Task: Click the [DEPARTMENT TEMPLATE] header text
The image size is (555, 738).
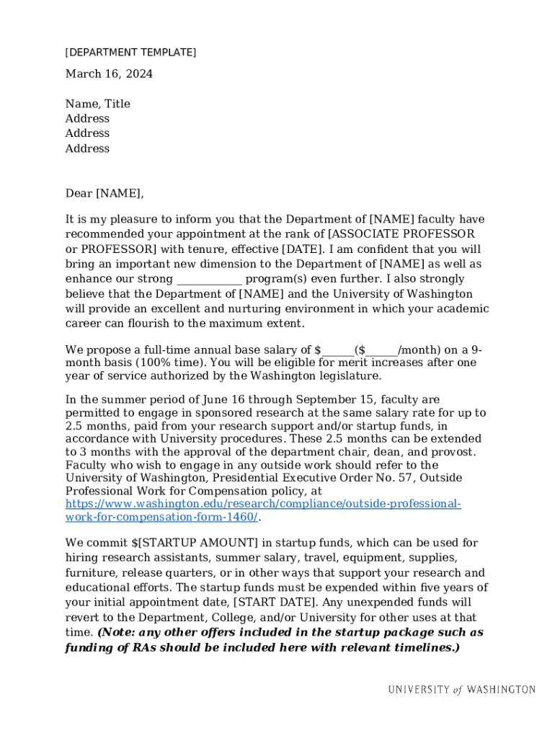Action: pos(130,53)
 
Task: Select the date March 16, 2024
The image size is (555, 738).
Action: pos(109,74)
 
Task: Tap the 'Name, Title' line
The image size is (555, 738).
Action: pos(97,104)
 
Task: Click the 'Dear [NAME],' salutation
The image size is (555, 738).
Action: pos(105,193)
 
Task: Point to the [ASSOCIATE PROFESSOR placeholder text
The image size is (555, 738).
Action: pos(401,234)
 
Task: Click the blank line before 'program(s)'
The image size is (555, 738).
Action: pos(209,280)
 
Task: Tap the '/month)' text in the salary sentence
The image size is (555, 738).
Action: pos(419,351)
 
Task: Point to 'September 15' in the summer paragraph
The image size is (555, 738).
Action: pos(334,400)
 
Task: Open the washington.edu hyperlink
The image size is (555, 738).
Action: pos(263,504)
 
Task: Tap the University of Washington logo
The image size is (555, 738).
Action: pos(461,690)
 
